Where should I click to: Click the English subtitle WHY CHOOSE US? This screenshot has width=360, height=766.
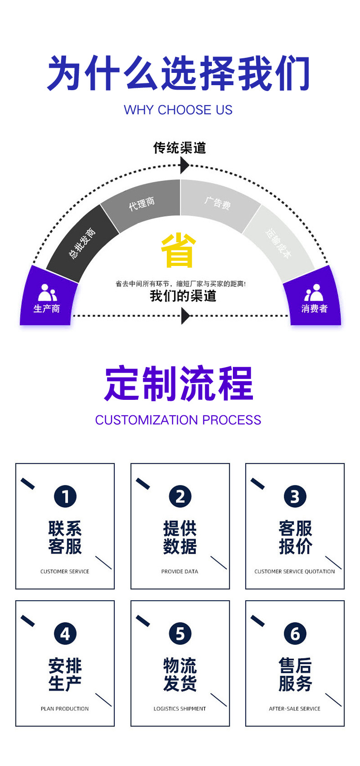tap(178, 110)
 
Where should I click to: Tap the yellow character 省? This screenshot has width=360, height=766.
tap(178, 250)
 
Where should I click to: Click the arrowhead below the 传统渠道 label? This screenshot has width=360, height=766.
tap(184, 165)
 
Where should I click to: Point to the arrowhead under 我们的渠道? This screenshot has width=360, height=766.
tap(185, 316)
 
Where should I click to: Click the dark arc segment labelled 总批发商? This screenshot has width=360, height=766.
tap(82, 243)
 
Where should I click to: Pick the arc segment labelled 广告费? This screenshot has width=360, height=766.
tap(218, 203)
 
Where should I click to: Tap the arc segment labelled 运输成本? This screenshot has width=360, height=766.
tap(278, 243)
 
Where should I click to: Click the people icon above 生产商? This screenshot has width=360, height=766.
tap(47, 292)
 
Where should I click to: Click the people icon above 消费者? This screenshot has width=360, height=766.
tap(314, 292)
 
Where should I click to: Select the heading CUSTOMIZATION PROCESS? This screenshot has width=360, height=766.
tap(178, 420)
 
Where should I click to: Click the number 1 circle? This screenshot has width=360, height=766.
tap(65, 496)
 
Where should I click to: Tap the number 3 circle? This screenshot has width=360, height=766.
tap(295, 496)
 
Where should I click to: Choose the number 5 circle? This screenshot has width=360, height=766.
tap(180, 633)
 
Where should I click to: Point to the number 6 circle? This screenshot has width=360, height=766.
tap(295, 633)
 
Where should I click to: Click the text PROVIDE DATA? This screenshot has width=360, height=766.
tap(180, 572)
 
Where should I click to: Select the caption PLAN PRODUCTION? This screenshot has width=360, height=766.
tap(65, 709)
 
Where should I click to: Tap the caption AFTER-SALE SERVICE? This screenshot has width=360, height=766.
tap(294, 709)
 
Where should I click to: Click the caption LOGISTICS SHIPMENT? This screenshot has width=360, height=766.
tap(180, 709)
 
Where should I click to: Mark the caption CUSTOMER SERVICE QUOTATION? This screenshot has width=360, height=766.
tap(294, 572)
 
